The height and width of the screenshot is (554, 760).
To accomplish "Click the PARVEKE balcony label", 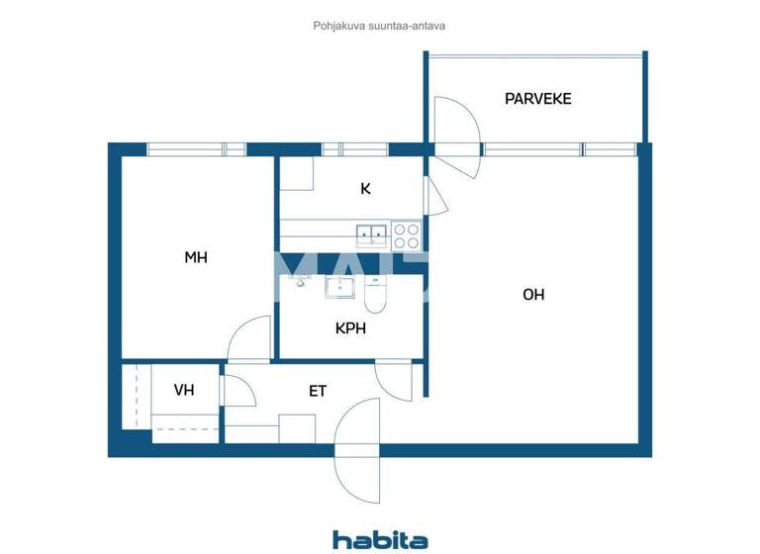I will click(537, 99).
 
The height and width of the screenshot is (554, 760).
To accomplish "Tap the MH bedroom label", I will click(196, 257).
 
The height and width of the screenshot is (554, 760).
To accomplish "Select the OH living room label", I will click(533, 294).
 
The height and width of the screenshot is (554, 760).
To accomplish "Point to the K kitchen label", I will click(365, 188).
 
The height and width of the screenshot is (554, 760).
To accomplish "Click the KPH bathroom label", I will click(350, 327).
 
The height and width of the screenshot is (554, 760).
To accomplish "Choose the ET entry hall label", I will click(317, 391).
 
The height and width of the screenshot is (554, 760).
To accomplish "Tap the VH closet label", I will click(183, 390).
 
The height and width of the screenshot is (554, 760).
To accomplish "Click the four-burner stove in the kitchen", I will click(406, 235).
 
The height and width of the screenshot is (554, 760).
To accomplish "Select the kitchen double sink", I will click(371, 234).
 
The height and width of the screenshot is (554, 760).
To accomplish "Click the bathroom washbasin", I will click(341, 287).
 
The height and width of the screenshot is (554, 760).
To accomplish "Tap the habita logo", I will click(380, 539).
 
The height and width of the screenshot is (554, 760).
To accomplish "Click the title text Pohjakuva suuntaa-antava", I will click(379, 26).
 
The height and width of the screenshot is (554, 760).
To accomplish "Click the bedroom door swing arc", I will click(249, 338).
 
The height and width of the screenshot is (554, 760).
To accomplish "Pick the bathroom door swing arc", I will click(395, 381).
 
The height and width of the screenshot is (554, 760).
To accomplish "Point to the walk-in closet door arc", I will click(238, 390).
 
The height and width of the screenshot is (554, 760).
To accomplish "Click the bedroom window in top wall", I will click(196, 149).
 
